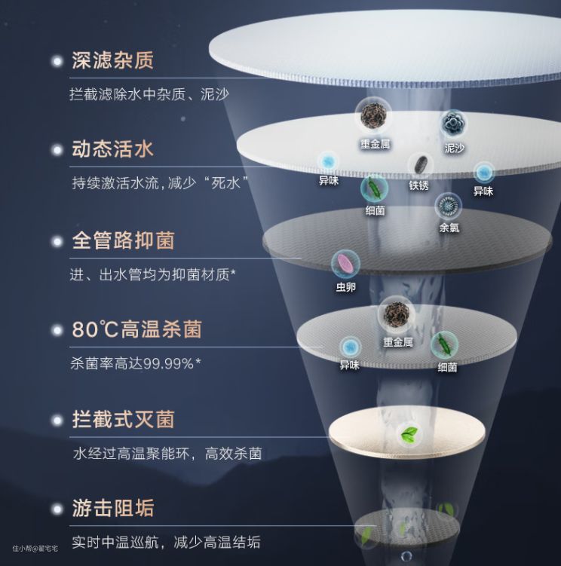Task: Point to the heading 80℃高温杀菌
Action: (x=136, y=330)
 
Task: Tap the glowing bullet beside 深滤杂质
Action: (x=56, y=60)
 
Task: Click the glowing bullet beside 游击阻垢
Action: (x=56, y=508)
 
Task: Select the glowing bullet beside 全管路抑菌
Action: (x=56, y=241)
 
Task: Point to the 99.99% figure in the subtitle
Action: (x=171, y=364)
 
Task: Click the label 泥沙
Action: (x=454, y=148)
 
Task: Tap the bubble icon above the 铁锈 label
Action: (x=419, y=166)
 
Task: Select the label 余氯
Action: (x=449, y=226)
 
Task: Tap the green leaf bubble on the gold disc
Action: (x=410, y=433)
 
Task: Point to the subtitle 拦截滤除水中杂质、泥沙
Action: (x=149, y=95)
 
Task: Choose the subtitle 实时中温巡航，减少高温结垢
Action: (x=166, y=542)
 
